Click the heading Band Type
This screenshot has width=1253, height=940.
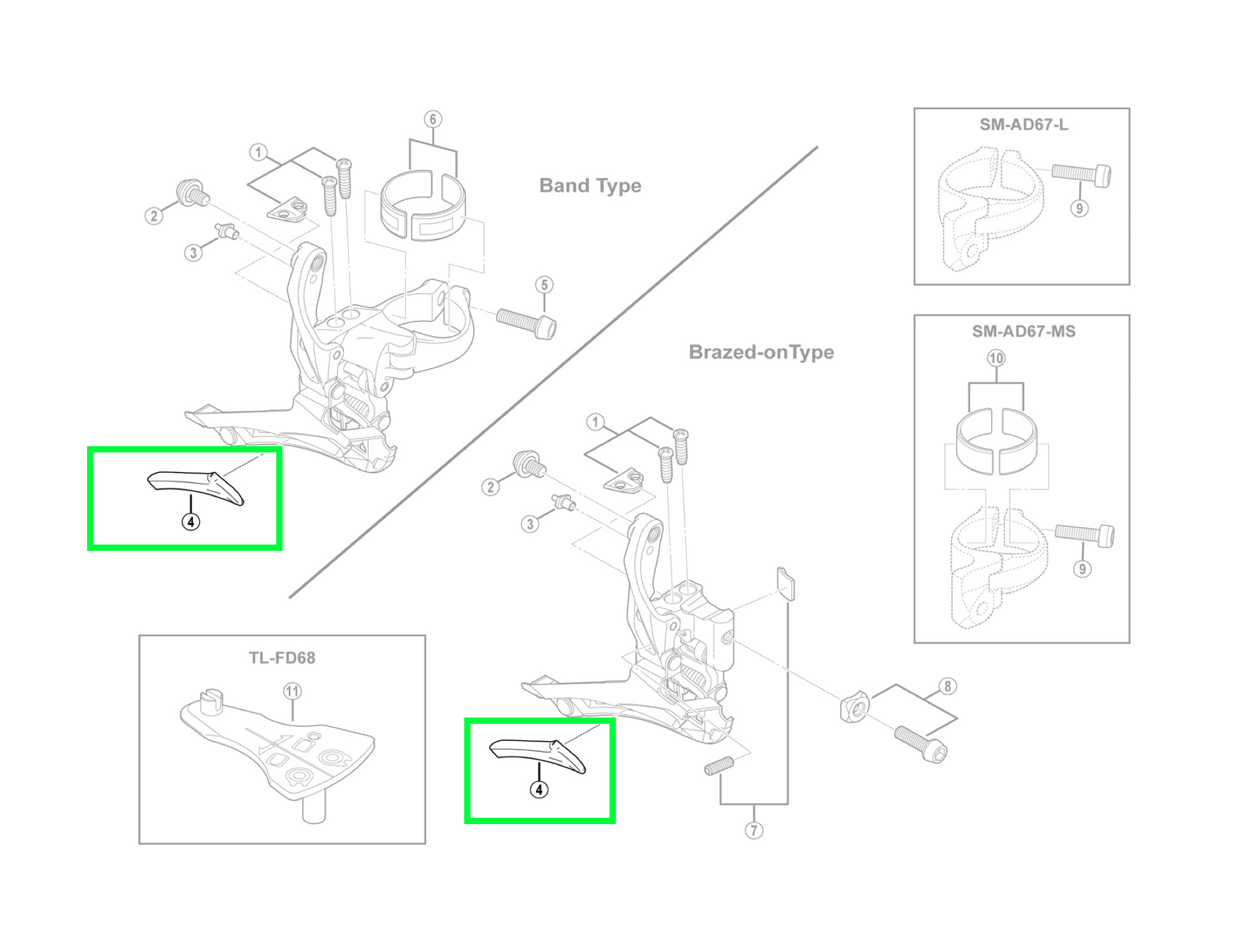pos(590,185)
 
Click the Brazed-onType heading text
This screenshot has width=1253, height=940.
pos(761,352)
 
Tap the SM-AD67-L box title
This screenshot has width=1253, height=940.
pos(1024,125)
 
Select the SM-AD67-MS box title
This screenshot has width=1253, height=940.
pos(1024,332)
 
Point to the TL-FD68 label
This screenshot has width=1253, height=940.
pos(282,658)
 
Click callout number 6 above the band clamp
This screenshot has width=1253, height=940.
pos(433,119)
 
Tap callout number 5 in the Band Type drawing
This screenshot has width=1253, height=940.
pos(544,285)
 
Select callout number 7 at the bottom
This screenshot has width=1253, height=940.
pos(754,831)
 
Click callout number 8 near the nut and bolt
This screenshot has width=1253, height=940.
pos(947,686)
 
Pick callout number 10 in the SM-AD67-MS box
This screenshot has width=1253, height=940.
pos(996,358)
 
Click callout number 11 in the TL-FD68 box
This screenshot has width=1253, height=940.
pos(293,691)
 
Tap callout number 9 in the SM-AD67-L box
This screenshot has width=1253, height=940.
pos(1079,209)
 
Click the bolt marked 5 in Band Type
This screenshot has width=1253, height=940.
pos(526,322)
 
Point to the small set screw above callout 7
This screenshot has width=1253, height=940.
pos(719,766)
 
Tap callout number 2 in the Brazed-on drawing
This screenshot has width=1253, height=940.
pos(491,487)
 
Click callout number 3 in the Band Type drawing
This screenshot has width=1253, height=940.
pos(193,253)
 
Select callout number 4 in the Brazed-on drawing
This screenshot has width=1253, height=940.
pos(539,790)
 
